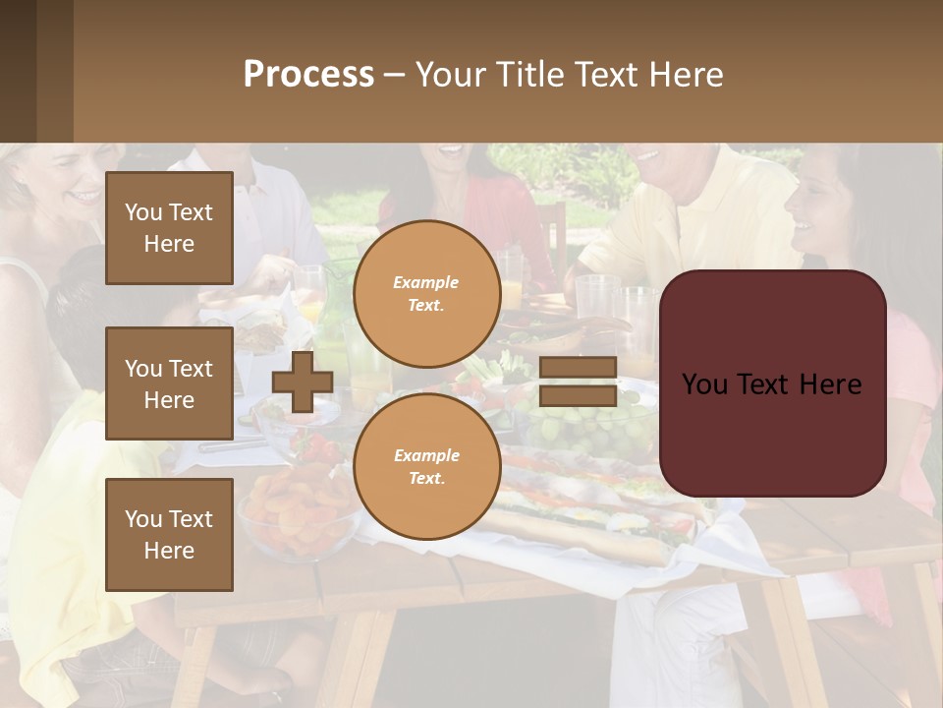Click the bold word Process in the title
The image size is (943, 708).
point(308,75)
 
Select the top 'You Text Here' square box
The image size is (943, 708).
point(169,228)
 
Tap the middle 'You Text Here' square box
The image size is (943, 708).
point(169,383)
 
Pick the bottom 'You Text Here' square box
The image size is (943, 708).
point(169,534)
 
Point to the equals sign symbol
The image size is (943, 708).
point(579,382)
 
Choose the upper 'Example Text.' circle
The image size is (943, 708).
point(426,294)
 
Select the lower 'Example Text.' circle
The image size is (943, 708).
point(426,467)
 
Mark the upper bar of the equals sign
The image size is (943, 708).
point(579,368)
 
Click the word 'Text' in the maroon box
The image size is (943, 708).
point(772,384)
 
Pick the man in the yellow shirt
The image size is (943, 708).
point(688,216)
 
